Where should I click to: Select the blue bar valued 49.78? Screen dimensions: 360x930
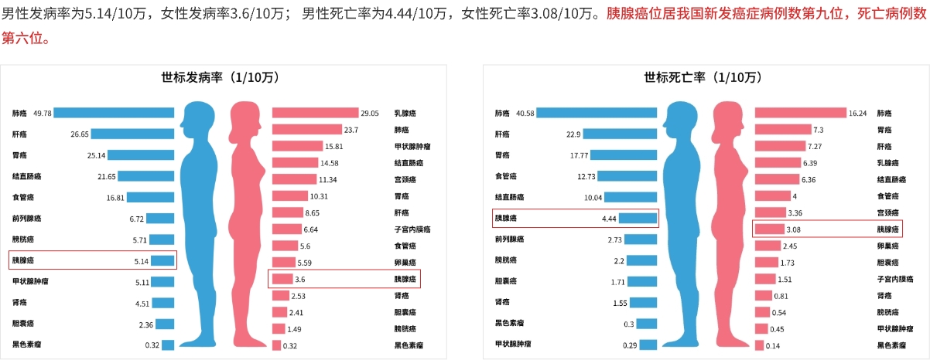pyautogui.click(x=114, y=113)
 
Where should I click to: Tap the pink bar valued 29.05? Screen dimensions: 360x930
pyautogui.click(x=315, y=113)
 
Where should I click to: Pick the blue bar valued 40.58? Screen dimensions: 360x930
pyautogui.click(x=597, y=113)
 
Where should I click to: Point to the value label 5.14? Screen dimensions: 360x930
pyautogui.click(x=142, y=261)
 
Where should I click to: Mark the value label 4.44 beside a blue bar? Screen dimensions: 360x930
pyautogui.click(x=608, y=219)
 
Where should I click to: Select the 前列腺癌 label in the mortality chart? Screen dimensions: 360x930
pyautogui.click(x=510, y=239)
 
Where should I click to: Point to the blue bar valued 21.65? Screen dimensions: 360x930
pyautogui.click(x=146, y=176)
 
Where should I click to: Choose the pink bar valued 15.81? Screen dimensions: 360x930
pyautogui.click(x=297, y=146)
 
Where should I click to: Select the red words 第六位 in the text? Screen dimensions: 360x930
pyautogui.click(x=19, y=38)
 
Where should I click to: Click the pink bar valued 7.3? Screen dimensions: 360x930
pyautogui.click(x=782, y=129)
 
